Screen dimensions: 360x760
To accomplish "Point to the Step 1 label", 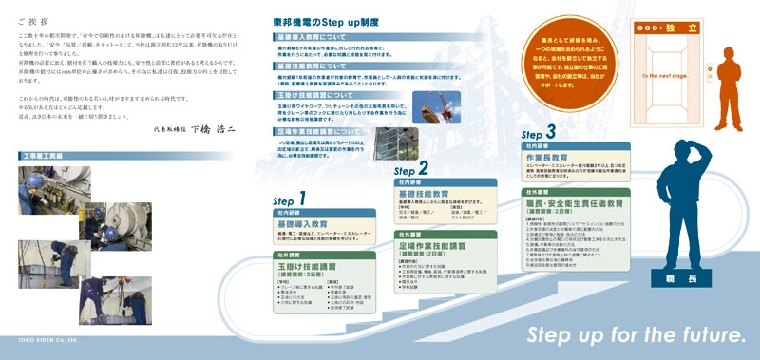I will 289,199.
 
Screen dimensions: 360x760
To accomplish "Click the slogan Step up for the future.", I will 636,335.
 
